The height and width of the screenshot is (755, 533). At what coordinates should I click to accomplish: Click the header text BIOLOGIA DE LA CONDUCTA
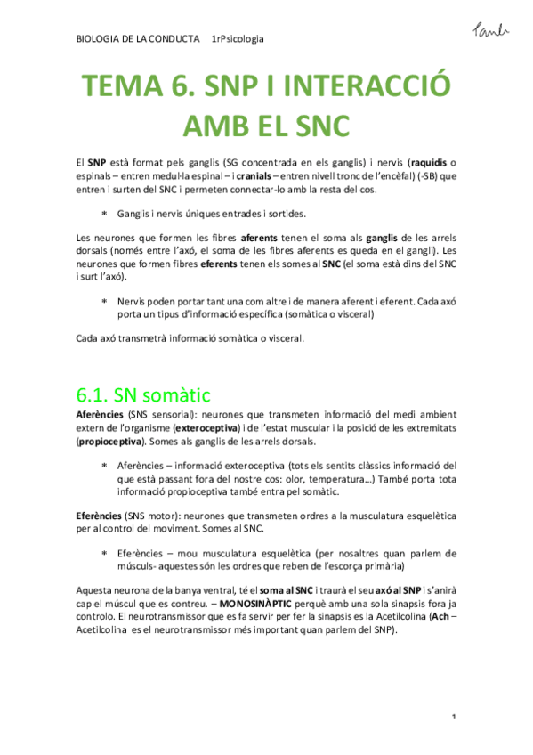click(x=137, y=39)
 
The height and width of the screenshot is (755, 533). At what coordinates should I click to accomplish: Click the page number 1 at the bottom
click(x=454, y=717)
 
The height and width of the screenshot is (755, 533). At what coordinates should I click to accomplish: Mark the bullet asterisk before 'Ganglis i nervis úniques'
click(x=104, y=214)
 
